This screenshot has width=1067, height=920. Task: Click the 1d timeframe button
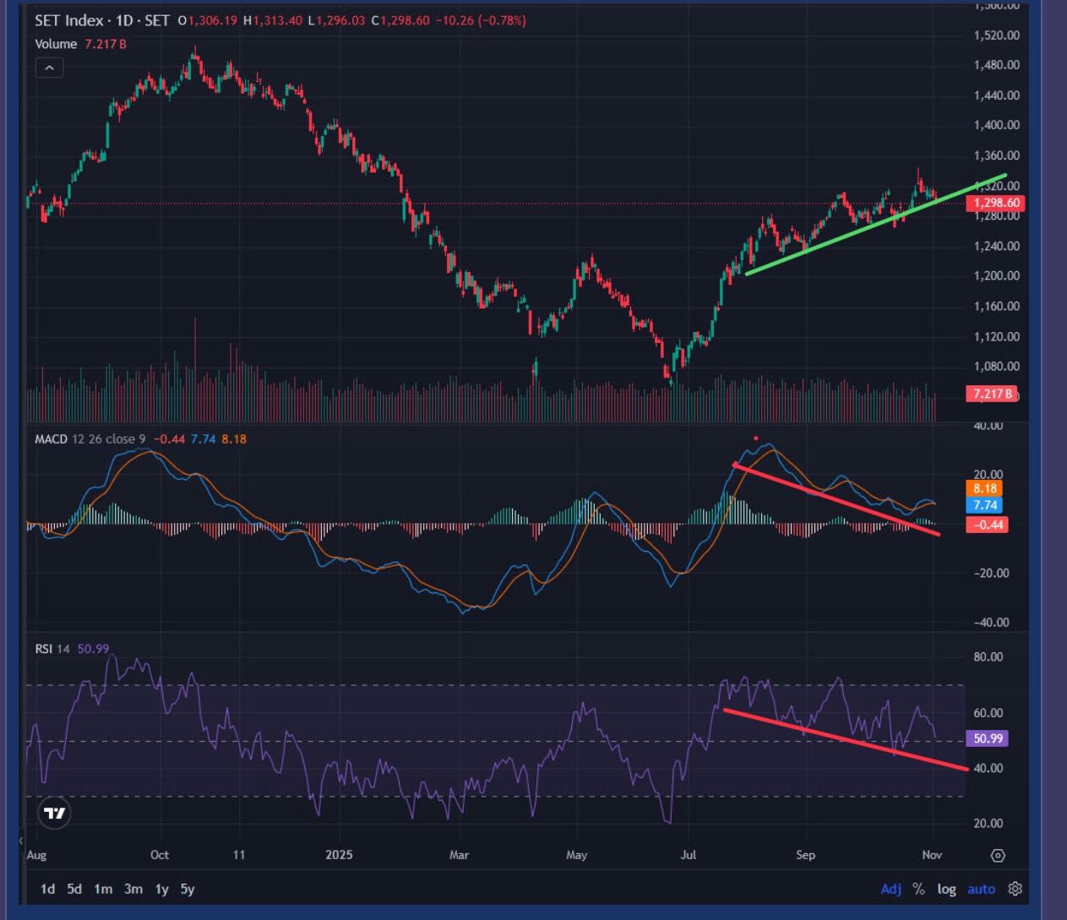pos(48,889)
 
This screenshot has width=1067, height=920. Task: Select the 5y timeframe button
pos(188,889)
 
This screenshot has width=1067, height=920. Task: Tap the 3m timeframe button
pos(133,889)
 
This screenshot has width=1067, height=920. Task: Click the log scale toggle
pos(946,889)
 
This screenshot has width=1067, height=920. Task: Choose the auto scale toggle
pos(981,889)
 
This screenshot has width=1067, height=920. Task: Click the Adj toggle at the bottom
pos(891,889)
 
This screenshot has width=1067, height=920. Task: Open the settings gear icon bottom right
pos(1015,889)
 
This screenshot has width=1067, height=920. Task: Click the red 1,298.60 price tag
pos(997,203)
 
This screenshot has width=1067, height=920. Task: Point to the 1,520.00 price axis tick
pos(997,35)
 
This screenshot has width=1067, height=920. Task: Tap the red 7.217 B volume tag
pos(992,394)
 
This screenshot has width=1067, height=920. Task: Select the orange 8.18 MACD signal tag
pos(985,488)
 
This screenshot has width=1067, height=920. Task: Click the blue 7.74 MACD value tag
pos(985,505)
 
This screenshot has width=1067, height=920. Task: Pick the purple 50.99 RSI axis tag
pos(988,738)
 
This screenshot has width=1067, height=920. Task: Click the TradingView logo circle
pos(55,813)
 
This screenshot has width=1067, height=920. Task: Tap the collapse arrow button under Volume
pos(50,68)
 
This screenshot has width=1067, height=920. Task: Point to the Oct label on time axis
pos(159,855)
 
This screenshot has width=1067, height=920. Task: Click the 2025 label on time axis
pos(338,855)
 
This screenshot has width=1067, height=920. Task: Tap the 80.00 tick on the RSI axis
pos(988,657)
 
